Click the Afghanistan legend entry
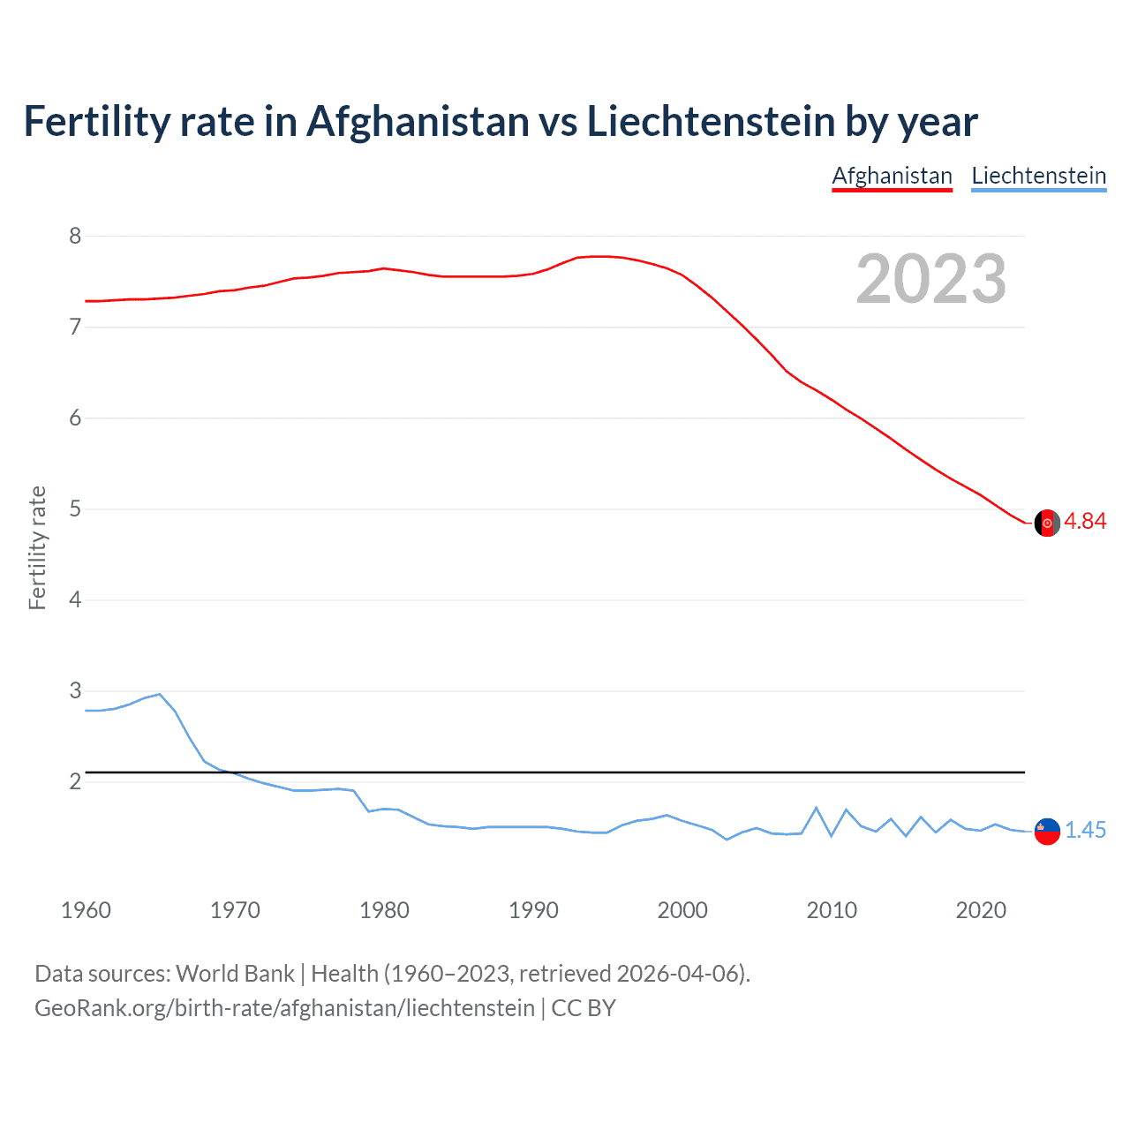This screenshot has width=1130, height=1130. coord(892,176)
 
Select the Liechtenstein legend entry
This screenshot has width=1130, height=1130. coord(1038,176)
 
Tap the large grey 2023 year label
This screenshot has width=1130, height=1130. coord(931,279)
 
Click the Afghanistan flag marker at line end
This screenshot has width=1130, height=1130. coord(1047,523)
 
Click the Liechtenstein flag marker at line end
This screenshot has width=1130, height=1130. coord(1047,831)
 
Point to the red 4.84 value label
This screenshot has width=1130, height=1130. coord(1085,521)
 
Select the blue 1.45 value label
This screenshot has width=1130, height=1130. coord(1085,830)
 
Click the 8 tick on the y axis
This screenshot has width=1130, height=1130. coord(75,236)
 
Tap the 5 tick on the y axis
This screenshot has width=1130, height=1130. coord(75,508)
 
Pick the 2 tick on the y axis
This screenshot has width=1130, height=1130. coord(75,781)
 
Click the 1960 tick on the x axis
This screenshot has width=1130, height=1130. coord(86,910)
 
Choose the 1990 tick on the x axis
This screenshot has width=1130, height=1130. coord(533,910)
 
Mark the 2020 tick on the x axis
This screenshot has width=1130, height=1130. coord(981,910)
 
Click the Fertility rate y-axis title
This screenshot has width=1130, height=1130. coord(37,547)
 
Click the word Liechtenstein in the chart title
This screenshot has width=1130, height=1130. coord(711,122)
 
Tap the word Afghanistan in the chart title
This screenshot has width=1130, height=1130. coord(417,122)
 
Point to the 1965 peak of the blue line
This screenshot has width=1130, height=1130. coord(159,694)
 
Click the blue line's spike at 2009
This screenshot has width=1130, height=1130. coord(817,808)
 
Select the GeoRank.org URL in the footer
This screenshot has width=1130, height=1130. coord(284,1007)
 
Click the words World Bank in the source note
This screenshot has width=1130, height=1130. coord(235,973)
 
